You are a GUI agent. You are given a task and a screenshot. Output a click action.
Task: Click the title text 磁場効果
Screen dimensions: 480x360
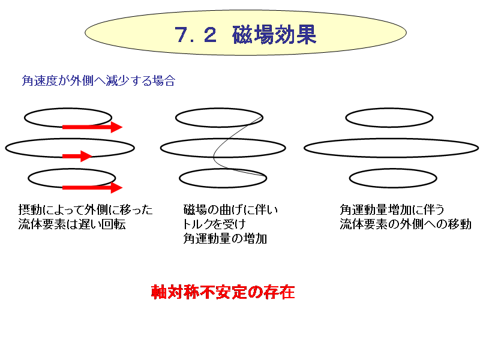[274, 35]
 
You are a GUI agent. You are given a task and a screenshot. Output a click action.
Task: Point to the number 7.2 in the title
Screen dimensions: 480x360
[196, 35]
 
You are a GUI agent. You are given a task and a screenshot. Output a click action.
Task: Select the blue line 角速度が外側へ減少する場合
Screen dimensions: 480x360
[98, 81]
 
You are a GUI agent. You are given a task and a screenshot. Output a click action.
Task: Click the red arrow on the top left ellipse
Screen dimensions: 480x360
[92, 127]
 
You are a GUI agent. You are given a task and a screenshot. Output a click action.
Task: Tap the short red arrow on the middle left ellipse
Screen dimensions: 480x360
[77, 156]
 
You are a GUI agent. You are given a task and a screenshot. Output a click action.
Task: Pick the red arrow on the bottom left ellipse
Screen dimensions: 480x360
[92, 187]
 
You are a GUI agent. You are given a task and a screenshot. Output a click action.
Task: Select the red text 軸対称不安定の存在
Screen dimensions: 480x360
[223, 292]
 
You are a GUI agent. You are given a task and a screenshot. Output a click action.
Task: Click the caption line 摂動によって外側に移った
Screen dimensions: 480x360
[85, 209]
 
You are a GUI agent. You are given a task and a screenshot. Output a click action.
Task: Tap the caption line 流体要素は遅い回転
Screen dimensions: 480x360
[72, 224]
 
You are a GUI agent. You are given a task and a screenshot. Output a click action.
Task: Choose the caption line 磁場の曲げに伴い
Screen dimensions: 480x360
[230, 209]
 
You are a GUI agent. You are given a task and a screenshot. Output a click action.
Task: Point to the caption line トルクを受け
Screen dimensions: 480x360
[214, 224]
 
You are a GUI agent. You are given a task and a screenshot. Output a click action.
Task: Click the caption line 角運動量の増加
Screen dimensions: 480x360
[225, 238]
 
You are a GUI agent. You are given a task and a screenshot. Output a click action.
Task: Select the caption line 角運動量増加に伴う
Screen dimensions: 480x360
[392, 209]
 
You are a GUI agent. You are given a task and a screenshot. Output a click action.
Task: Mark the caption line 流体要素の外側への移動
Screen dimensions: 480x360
[406, 224]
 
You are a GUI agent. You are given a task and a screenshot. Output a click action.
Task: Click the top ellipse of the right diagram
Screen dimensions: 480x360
[389, 108]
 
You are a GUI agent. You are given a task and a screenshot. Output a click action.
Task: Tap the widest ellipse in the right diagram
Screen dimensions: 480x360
[391, 139]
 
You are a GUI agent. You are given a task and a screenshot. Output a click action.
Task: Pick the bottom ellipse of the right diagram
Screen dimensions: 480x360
[393, 169]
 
